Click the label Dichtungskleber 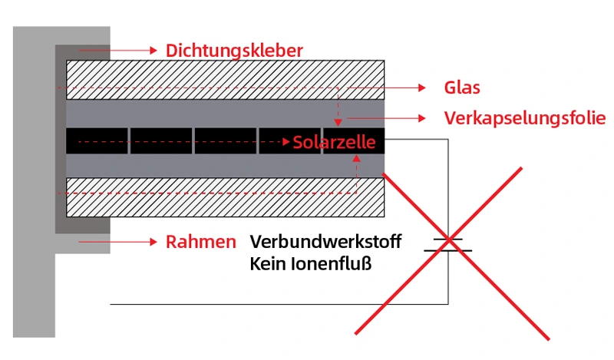(234, 51)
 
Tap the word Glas (462, 88)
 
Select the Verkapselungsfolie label (525, 118)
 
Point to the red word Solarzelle (334, 143)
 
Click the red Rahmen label (201, 242)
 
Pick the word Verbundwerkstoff (325, 242)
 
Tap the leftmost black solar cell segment (97, 140)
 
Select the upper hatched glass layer (225, 79)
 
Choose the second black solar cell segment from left (161, 140)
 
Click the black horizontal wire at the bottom (276, 304)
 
